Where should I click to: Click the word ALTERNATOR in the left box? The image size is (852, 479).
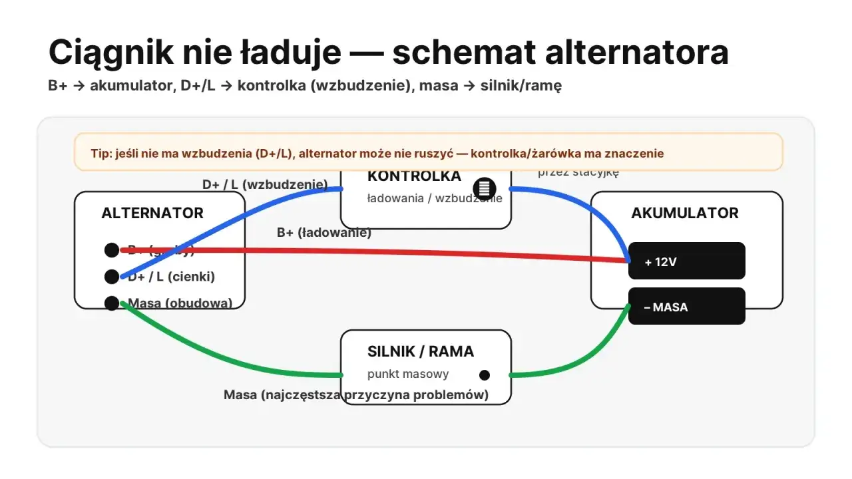[x=152, y=213]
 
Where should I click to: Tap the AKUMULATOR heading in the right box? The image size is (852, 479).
[x=685, y=213]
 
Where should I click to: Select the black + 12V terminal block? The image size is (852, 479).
[x=687, y=261]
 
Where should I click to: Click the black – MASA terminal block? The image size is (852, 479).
[x=687, y=307]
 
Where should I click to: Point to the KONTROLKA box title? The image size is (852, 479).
[x=414, y=176]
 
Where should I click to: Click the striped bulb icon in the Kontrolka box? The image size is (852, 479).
[x=485, y=188]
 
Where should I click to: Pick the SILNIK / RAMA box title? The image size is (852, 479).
[x=421, y=352]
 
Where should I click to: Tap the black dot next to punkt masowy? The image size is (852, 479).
[x=485, y=375]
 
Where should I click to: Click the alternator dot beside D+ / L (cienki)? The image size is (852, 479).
[x=112, y=277]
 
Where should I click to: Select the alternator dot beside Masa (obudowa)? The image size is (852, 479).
[x=112, y=303]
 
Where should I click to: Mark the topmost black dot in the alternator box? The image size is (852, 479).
[x=112, y=250]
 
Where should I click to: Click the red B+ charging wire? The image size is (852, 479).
[x=399, y=253]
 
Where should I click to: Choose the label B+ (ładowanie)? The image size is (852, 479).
[x=324, y=233]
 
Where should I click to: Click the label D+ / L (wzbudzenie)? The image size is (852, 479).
[x=265, y=184]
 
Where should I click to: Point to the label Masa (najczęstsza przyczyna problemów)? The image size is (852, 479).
[x=356, y=395]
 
